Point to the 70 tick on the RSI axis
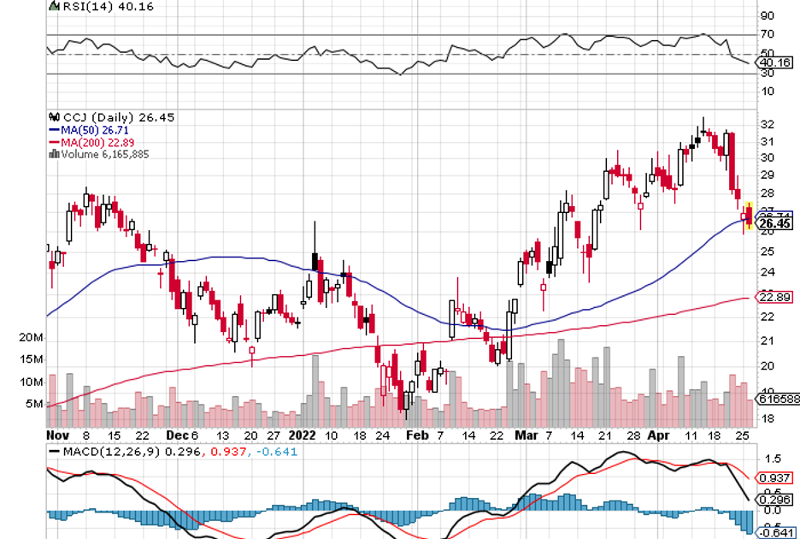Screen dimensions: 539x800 tap(768, 35)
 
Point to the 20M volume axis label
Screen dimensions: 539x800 tap(31, 340)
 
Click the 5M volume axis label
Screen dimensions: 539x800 tap(33, 404)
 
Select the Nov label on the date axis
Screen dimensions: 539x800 tap(56, 435)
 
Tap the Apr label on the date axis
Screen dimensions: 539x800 tap(660, 435)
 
